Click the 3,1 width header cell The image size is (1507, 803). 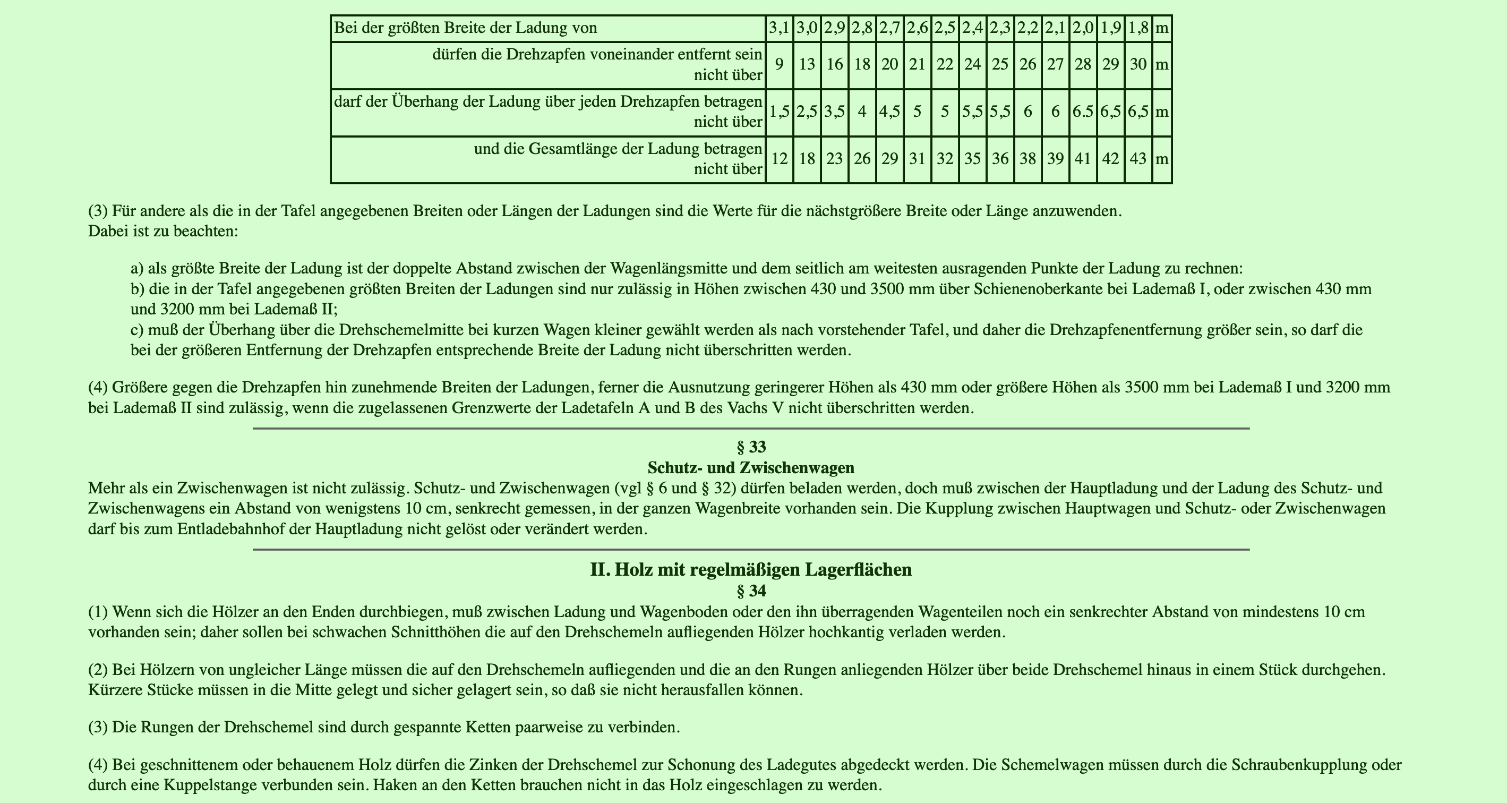(779, 28)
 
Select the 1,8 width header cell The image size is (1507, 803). (1138, 28)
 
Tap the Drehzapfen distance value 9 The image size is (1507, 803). (779, 64)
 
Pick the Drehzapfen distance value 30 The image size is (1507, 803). (1138, 64)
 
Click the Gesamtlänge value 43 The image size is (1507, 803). (1138, 159)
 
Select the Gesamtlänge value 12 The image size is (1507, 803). (779, 159)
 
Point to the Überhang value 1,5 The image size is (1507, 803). (779, 112)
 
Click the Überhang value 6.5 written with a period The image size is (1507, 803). (1083, 112)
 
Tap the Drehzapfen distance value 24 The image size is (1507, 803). (972, 64)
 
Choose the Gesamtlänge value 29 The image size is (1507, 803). (889, 159)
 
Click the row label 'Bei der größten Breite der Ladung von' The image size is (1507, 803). (465, 28)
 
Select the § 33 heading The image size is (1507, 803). (751, 447)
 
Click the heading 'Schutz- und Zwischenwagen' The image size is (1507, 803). (751, 468)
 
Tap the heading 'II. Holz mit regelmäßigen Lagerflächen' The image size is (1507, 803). (751, 569)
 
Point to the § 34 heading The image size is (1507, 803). (751, 591)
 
